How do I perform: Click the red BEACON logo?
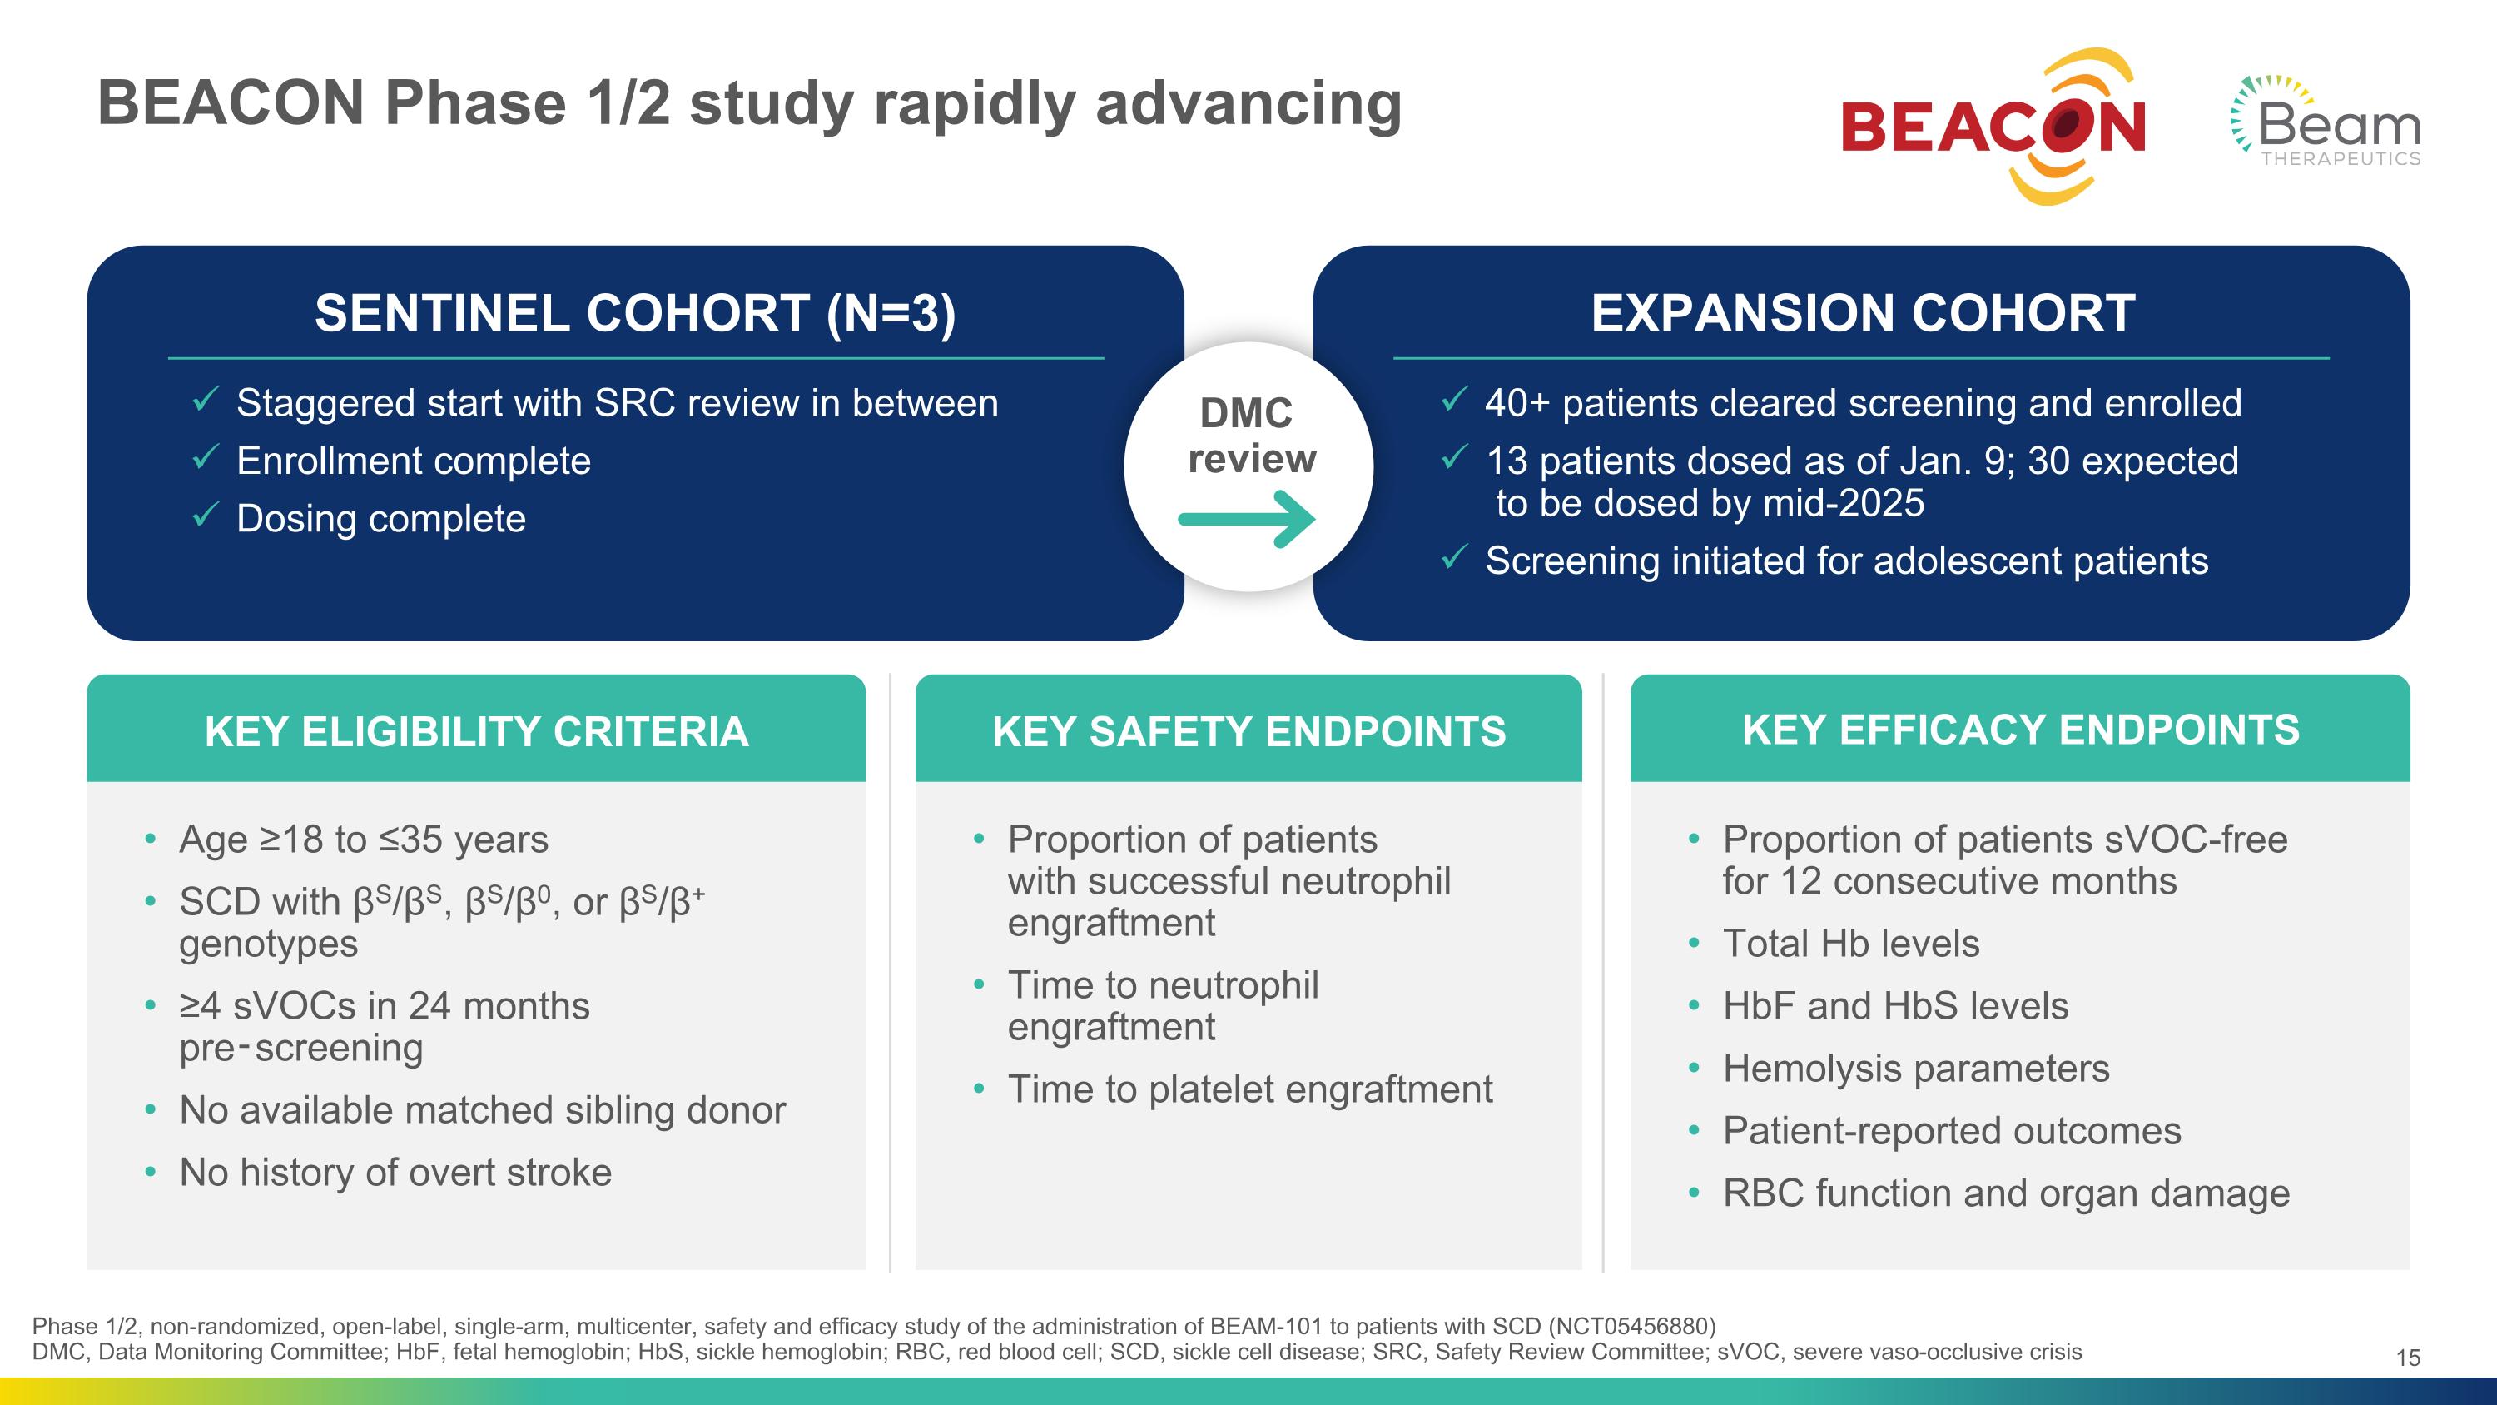click(1993, 128)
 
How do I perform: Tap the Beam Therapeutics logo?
click(2326, 123)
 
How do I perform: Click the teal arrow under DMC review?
click(1247, 520)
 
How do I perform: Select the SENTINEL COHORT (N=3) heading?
click(635, 313)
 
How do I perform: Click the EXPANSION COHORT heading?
click(1862, 313)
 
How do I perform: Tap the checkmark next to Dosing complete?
click(205, 515)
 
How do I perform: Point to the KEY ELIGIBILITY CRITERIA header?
click(476, 731)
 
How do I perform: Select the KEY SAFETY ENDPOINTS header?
click(1248, 731)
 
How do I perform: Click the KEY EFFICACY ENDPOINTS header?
click(2020, 730)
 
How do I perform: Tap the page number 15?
click(2408, 1358)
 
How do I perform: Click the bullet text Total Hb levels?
click(1849, 944)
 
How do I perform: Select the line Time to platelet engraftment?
click(1249, 1089)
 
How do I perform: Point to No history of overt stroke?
click(395, 1173)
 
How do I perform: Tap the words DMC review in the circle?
click(1248, 436)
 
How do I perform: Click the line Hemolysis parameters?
click(1915, 1069)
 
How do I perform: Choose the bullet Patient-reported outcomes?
click(1951, 1131)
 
